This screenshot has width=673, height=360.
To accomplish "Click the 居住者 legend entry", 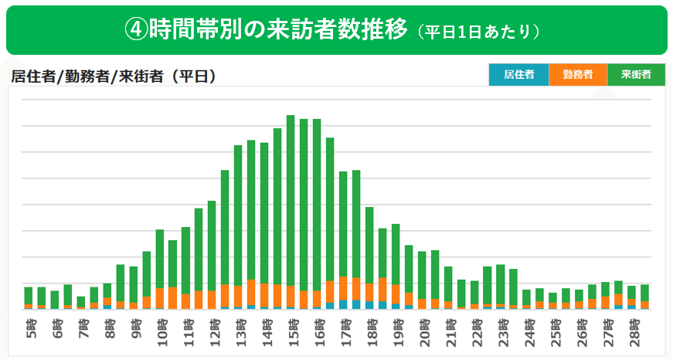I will click(518, 75).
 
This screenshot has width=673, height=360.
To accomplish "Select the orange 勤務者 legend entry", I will click(578, 75).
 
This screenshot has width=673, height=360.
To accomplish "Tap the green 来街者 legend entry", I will click(636, 75).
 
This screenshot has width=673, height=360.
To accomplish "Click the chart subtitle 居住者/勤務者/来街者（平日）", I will click(113, 76).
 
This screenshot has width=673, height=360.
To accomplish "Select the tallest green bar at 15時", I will click(291, 201).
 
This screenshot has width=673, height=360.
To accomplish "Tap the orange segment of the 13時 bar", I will click(238, 295).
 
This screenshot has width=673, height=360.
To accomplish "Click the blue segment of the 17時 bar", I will click(343, 304).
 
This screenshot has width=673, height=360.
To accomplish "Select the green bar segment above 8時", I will click(108, 290).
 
